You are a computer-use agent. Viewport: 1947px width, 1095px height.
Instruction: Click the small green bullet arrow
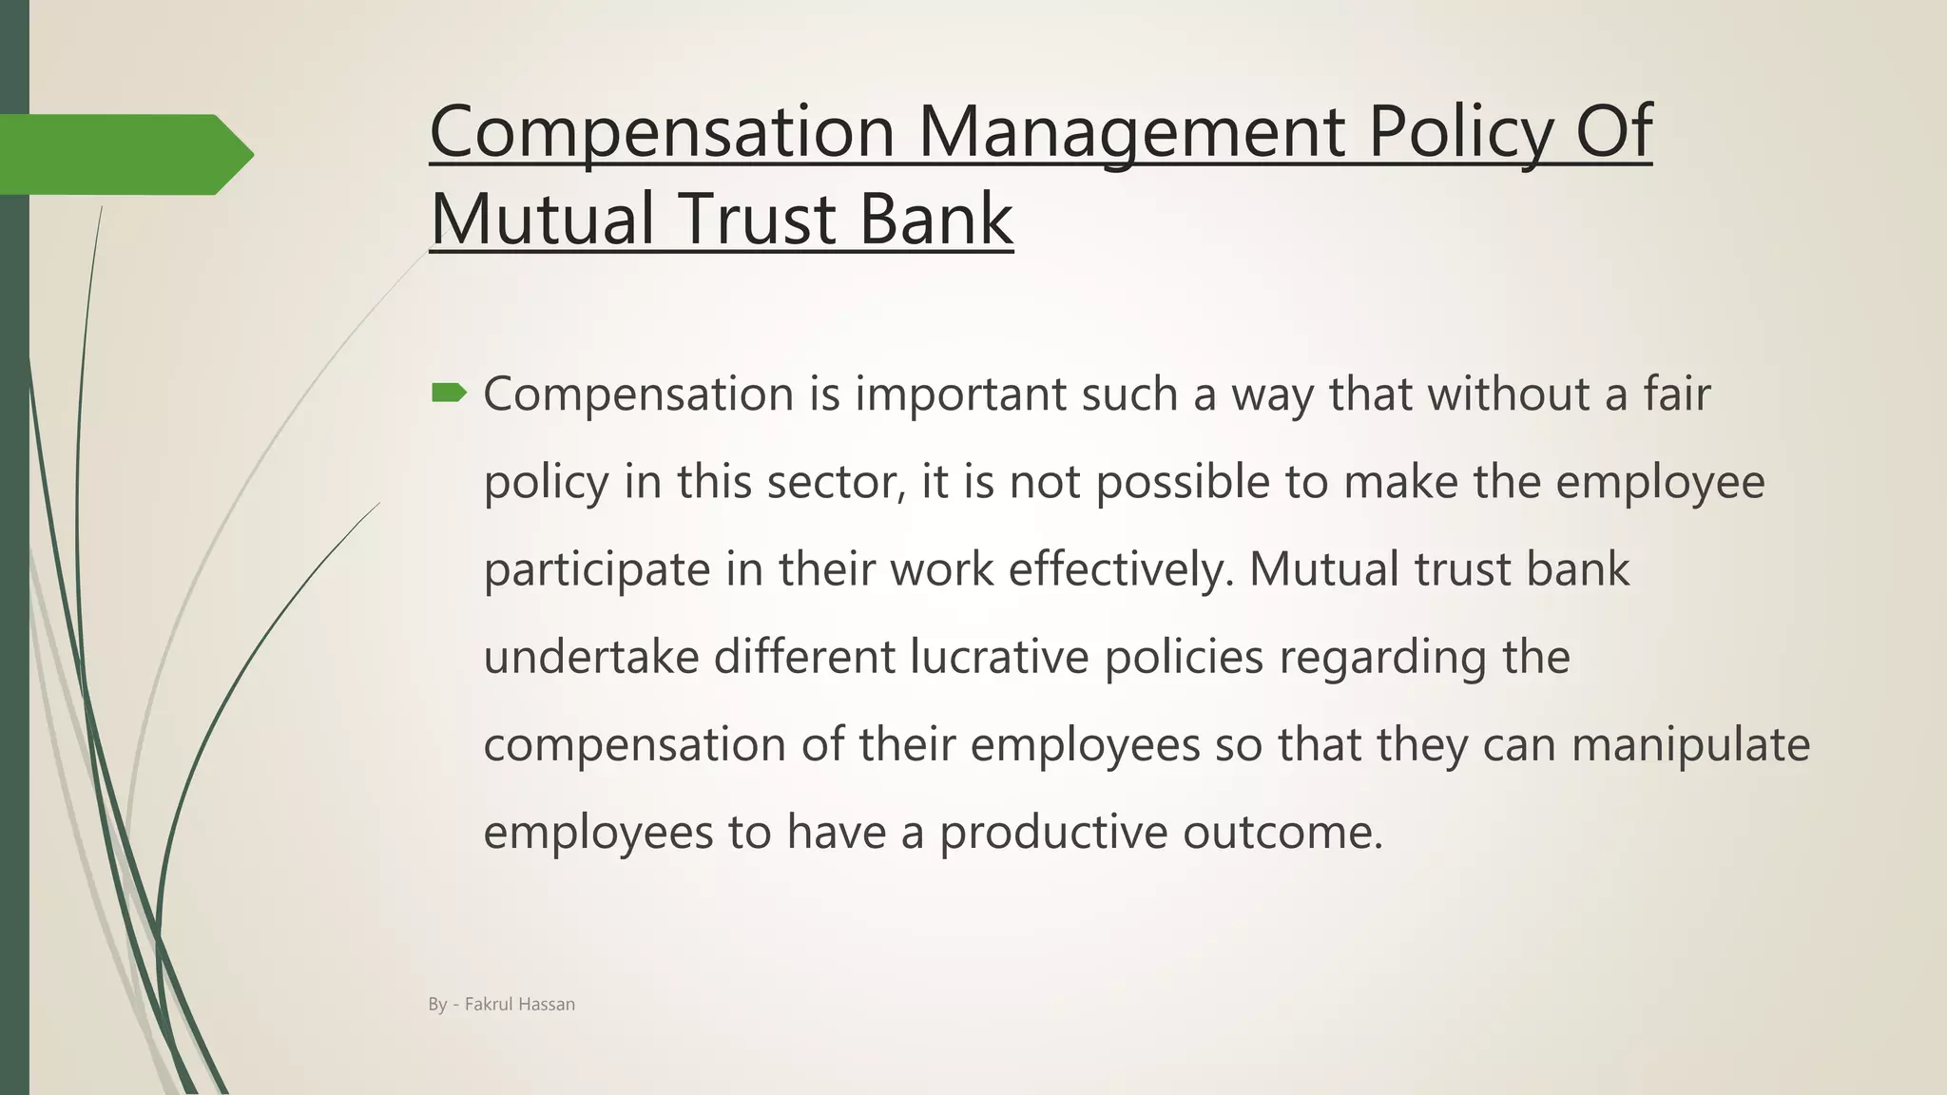[x=449, y=393]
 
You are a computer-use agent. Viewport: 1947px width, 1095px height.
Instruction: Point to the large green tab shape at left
[x=124, y=154]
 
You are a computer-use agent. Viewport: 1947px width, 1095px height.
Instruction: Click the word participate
[x=597, y=569]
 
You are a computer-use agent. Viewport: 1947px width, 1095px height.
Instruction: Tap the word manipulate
[x=1690, y=744]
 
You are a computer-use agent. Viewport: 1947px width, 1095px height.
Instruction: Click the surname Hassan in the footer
[x=547, y=1004]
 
